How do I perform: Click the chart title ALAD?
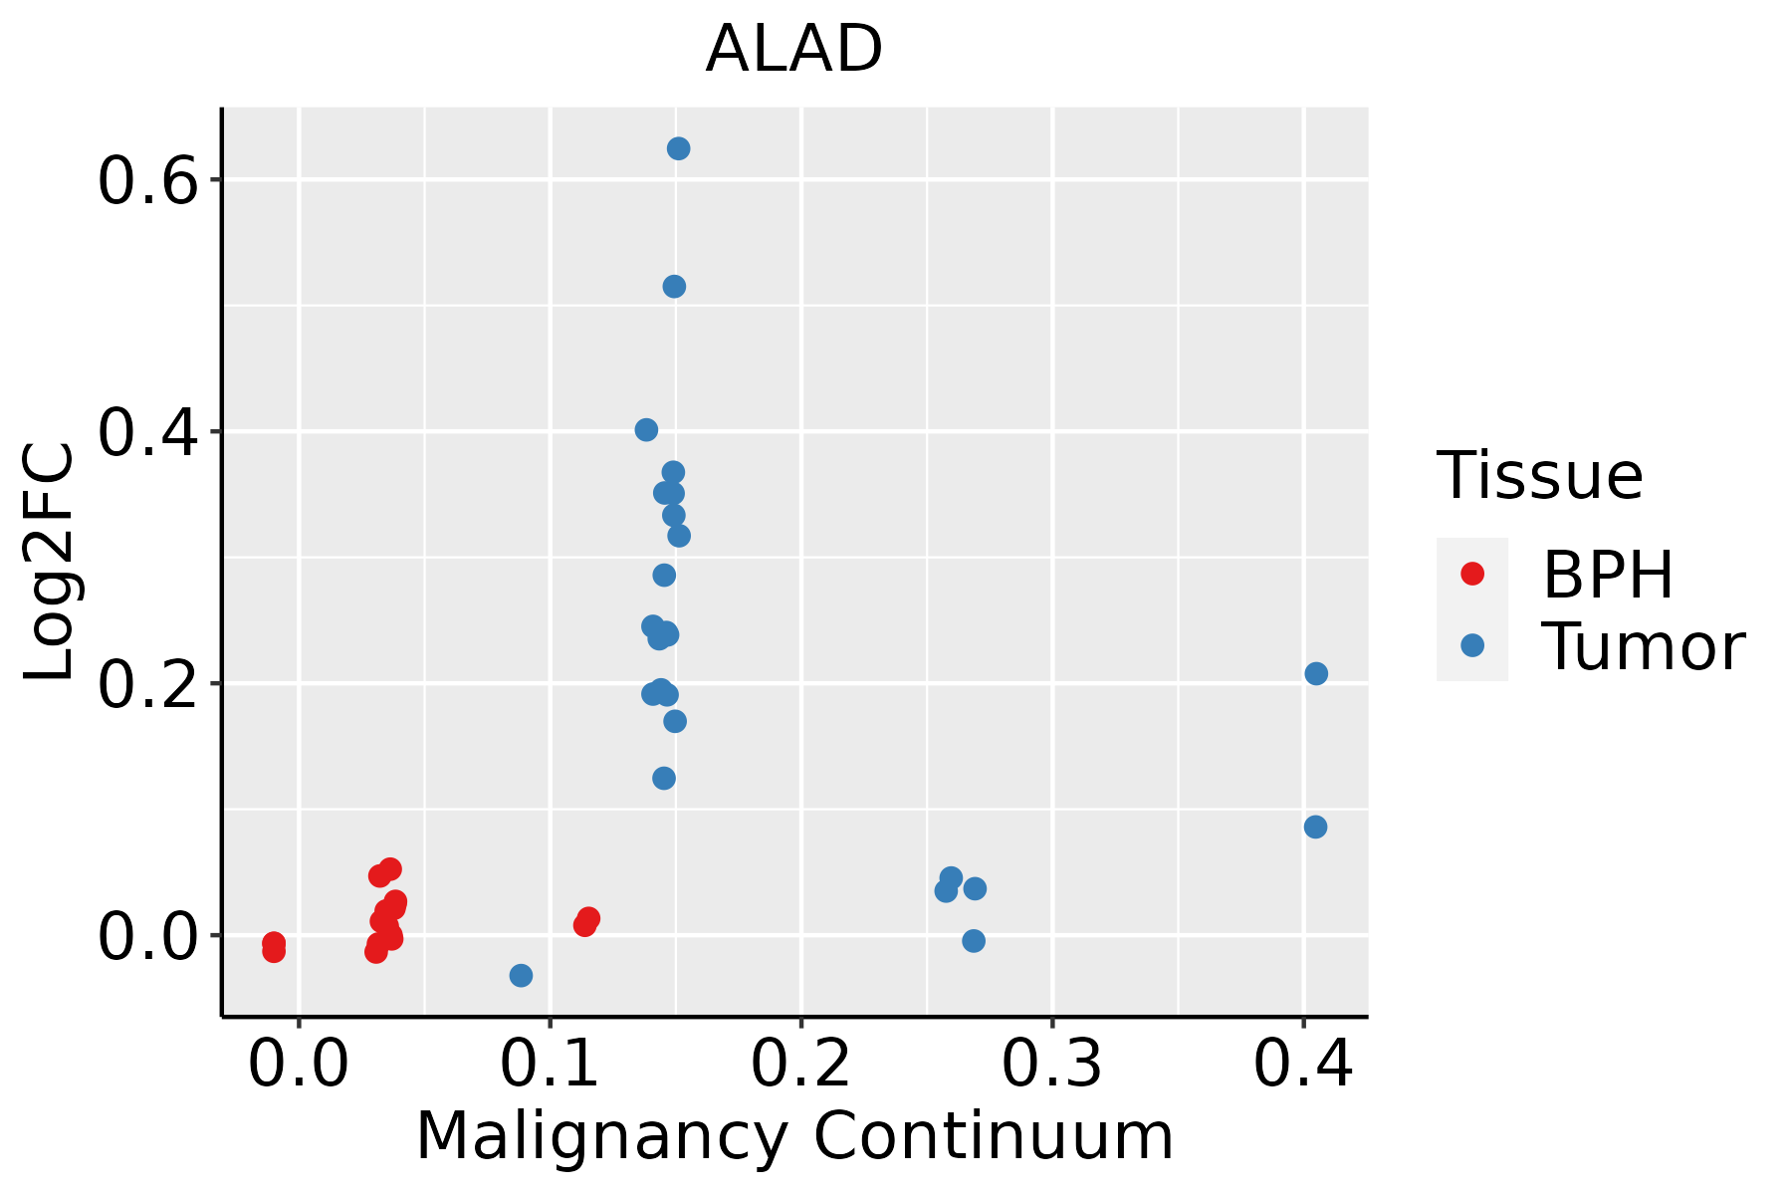tap(793, 49)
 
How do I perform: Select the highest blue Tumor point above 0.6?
tap(679, 148)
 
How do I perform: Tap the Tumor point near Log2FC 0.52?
tap(674, 287)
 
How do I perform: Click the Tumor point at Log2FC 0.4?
tap(646, 430)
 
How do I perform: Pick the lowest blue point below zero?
tap(521, 975)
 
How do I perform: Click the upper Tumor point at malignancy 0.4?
tap(1316, 674)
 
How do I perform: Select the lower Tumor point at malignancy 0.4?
tap(1315, 827)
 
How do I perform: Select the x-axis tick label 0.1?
tap(550, 1064)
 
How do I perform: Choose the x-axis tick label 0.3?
tap(1051, 1064)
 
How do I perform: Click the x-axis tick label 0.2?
tap(800, 1064)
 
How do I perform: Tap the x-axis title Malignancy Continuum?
tap(794, 1136)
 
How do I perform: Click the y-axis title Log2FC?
tap(50, 563)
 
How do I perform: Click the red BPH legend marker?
tap(1471, 574)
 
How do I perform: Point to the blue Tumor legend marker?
tap(1471, 645)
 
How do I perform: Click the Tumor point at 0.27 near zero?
tap(974, 941)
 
